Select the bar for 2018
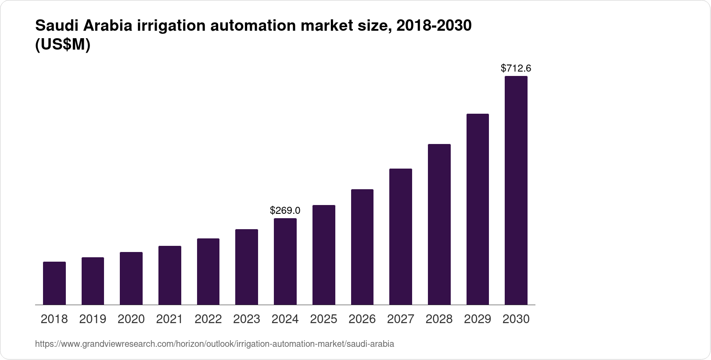coord(54,283)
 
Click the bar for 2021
coord(170,275)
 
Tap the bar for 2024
coord(285,262)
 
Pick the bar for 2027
coord(400,237)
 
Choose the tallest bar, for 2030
coord(516,191)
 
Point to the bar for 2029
coord(478,209)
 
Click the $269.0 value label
coord(285,211)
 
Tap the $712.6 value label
coord(516,68)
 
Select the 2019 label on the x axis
coord(93,319)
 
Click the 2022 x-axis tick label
coord(208,319)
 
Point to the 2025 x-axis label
coord(323,319)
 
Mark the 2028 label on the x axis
coord(439,319)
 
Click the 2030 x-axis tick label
coord(516,319)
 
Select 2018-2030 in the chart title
coord(434,26)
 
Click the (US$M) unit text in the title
coord(62,45)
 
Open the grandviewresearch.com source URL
coord(214,344)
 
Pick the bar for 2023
coord(247,267)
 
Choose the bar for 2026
coord(362,247)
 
